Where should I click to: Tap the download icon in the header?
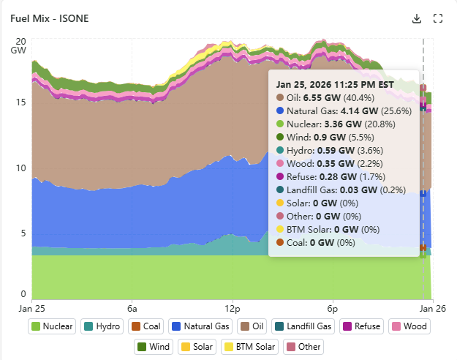click(418, 18)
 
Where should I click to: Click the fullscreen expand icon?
click(438, 18)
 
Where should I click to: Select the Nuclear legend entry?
click(52, 326)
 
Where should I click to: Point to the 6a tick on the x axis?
click(132, 309)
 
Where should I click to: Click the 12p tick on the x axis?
click(232, 309)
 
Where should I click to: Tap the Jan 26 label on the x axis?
click(424, 309)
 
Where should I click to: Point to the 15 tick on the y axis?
click(21, 102)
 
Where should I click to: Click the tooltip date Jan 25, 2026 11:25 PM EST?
click(335, 84)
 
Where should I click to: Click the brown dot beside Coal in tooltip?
click(279, 242)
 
